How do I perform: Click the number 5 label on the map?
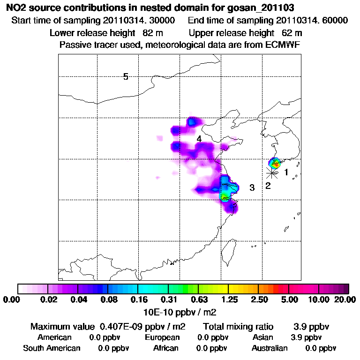126,76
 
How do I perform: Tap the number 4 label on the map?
199,139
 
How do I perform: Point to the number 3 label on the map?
252,188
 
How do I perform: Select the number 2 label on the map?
268,186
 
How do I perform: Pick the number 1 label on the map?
286,172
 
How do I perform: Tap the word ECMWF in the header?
283,45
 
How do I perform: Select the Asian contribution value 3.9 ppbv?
306,337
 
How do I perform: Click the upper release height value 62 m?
292,33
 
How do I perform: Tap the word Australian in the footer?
270,348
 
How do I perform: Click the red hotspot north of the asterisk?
276,164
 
